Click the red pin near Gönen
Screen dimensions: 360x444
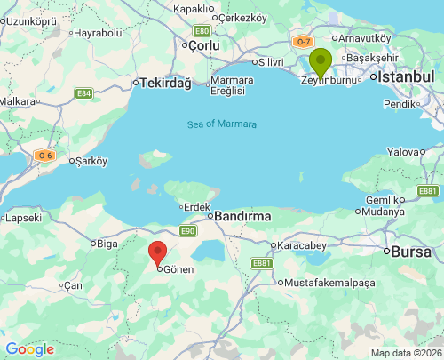[x=157, y=252]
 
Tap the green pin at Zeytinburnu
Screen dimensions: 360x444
[x=320, y=63]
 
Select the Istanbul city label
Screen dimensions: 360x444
[x=406, y=77]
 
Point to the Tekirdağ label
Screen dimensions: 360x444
[x=165, y=83]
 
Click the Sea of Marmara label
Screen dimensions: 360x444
[x=221, y=124]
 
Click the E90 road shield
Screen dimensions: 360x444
[x=186, y=230]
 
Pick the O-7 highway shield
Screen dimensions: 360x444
[x=304, y=42]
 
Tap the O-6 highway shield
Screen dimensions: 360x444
[x=45, y=156]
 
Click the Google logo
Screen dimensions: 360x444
[x=29, y=349]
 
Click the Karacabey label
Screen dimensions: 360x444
[x=303, y=244]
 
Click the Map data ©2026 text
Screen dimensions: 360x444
[x=405, y=353]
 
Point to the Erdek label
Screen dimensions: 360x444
[x=194, y=207]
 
